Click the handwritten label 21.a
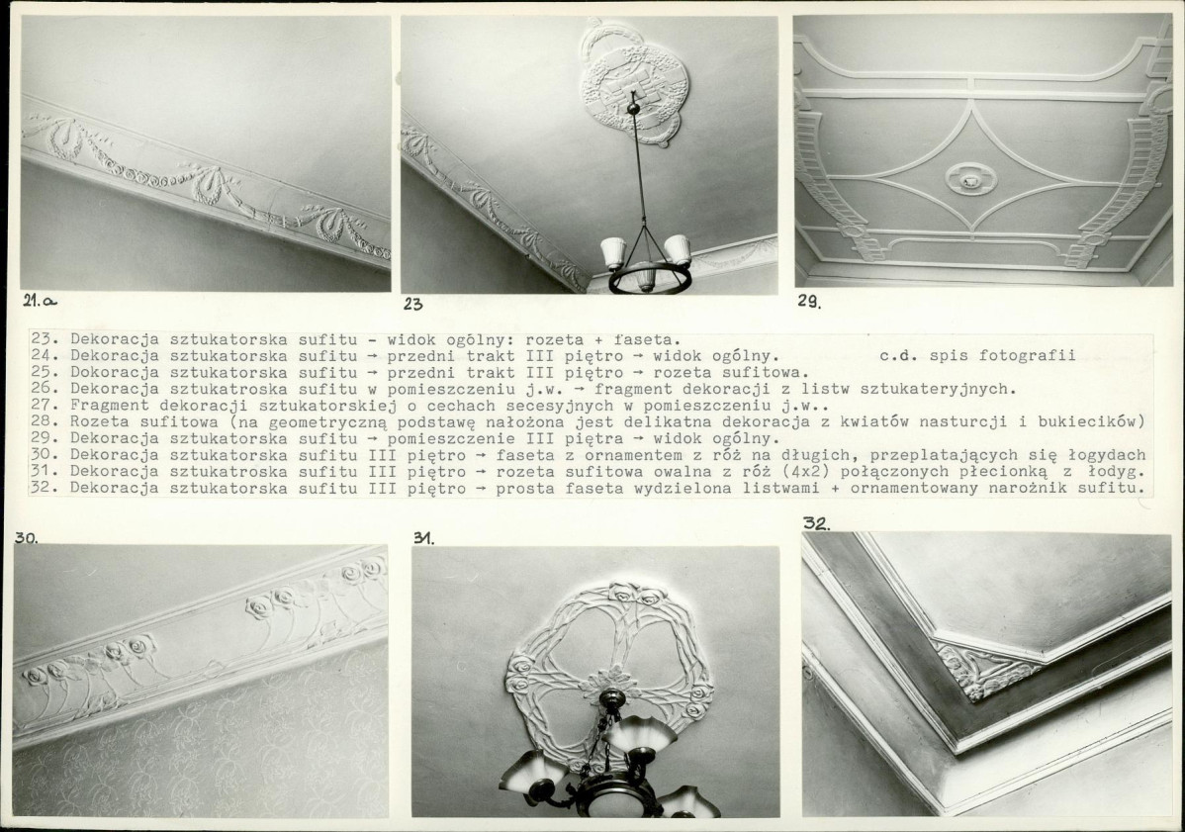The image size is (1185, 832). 40,300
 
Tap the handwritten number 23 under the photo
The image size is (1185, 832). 412,305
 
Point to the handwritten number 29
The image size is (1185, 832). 809,301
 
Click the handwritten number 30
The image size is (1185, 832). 26,538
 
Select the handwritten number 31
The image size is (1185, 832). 424,538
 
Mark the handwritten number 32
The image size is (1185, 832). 815,523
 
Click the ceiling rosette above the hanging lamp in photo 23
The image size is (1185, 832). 633,83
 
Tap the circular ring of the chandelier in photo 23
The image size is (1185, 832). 650,280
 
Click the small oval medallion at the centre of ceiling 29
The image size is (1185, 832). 971,179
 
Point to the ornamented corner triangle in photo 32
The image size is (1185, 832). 978,669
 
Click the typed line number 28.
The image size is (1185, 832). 41,421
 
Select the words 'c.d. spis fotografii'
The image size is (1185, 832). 978,355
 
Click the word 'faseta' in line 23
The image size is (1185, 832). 650,339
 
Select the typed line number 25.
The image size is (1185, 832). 41,372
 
